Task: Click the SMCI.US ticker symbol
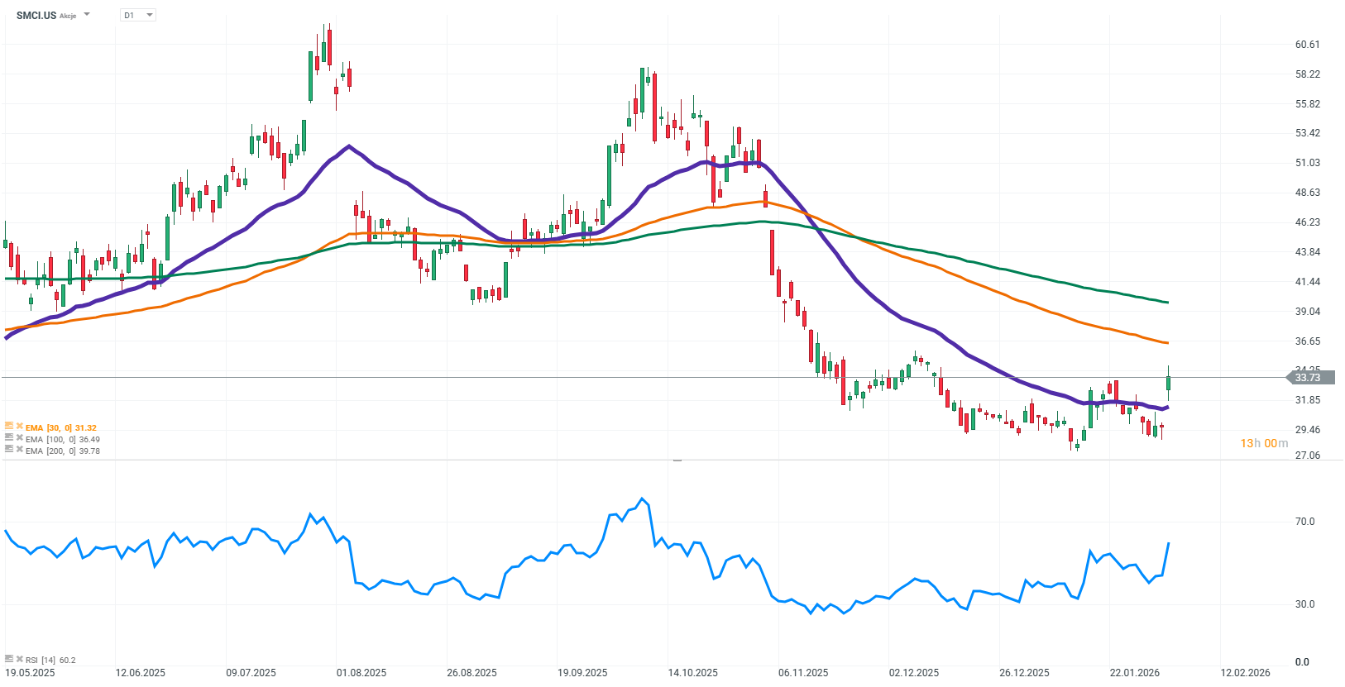[x=36, y=15]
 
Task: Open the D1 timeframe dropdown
[x=138, y=15]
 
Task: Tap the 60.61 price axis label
[x=1308, y=45]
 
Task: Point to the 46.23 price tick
[x=1308, y=222]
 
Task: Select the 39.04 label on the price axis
[x=1308, y=312]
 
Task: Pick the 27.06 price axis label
[x=1308, y=456]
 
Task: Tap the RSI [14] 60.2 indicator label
[x=50, y=660]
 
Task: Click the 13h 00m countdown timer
[x=1264, y=443]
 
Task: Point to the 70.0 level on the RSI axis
[x=1304, y=522]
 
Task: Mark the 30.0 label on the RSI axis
[x=1304, y=604]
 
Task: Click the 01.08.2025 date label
[x=361, y=673]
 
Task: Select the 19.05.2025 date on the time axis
[x=30, y=673]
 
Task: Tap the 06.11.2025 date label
[x=803, y=673]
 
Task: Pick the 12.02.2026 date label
[x=1246, y=673]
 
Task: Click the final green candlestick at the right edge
[x=1168, y=383]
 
